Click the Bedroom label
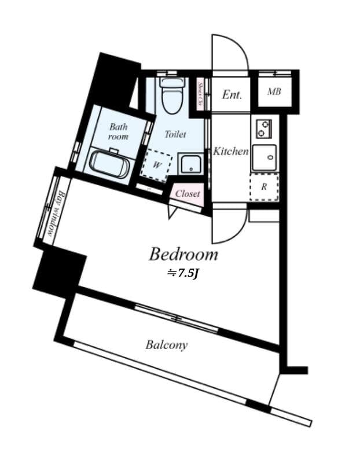point(183,254)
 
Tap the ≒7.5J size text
point(182,273)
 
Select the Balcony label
point(166,345)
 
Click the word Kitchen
point(230,152)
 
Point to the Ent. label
point(232,95)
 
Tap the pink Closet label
point(188,194)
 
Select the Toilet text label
point(175,134)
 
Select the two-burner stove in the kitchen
point(263,128)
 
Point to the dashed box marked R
point(264,186)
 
